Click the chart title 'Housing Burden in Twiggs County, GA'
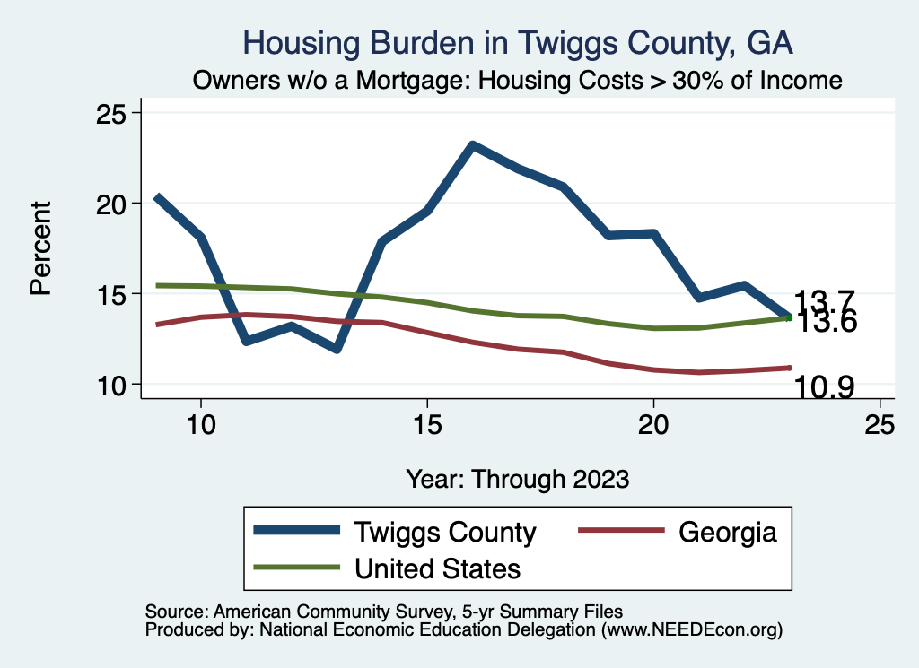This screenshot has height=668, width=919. point(519,43)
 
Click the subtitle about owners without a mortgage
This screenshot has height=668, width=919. point(519,81)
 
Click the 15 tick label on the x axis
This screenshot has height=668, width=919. point(427,424)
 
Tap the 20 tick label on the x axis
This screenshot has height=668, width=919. point(653,424)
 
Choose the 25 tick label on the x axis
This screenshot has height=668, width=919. point(880,424)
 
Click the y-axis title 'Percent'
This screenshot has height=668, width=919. point(39,248)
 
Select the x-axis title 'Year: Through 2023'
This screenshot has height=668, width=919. point(518,478)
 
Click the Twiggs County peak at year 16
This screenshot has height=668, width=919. point(473,145)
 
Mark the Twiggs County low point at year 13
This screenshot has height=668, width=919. point(337,349)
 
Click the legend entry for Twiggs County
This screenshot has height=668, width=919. point(445,532)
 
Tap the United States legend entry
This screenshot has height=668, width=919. point(437,568)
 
